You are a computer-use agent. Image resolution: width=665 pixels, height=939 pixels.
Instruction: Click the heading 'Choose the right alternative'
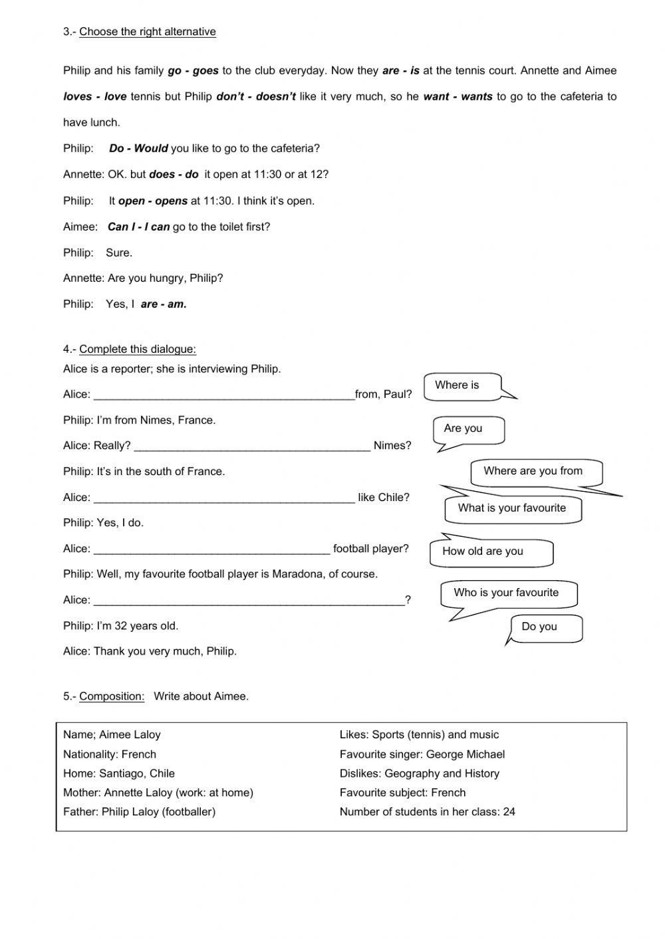(148, 32)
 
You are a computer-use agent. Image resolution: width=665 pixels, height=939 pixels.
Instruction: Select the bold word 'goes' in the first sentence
(205, 70)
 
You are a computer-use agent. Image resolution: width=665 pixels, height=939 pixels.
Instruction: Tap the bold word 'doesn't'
(276, 96)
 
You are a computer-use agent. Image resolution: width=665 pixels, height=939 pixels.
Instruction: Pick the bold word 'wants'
(477, 96)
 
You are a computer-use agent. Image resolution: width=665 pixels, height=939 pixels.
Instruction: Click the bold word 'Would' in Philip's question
(151, 148)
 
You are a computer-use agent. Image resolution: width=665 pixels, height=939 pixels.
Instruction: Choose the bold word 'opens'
(171, 201)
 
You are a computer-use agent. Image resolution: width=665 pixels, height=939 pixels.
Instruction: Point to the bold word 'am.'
(177, 304)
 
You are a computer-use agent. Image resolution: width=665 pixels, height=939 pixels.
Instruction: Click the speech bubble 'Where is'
(462, 386)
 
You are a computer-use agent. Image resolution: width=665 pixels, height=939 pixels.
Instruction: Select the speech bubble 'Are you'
(467, 429)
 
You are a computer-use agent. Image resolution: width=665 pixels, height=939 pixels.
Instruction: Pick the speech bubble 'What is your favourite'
(512, 509)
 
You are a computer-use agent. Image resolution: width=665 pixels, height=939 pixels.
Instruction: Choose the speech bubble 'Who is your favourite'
(507, 593)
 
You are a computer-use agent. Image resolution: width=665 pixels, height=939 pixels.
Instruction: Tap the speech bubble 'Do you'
(545, 627)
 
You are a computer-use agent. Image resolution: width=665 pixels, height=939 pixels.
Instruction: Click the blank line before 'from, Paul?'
(224, 395)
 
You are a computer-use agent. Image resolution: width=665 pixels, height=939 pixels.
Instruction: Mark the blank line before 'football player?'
(211, 549)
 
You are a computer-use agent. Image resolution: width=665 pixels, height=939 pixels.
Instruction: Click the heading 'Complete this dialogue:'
(138, 350)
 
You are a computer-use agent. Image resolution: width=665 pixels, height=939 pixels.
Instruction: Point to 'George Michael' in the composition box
(465, 754)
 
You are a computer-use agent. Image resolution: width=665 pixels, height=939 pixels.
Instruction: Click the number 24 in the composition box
(509, 811)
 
